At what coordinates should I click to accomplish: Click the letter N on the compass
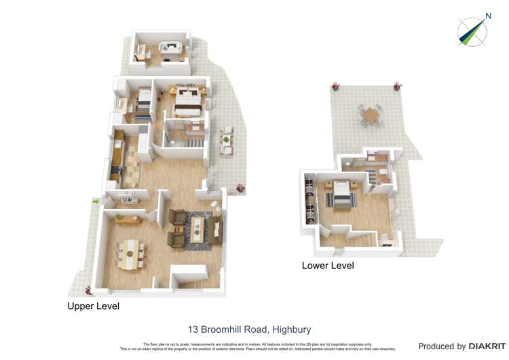tap(487, 16)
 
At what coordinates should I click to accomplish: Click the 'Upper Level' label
tap(93, 306)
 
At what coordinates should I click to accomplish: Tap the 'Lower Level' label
tap(328, 266)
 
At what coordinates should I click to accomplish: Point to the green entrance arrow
tap(96, 201)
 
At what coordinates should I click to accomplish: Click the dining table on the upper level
tap(130, 253)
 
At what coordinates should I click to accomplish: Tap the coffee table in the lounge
tap(196, 226)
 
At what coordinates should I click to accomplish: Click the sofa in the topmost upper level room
tap(168, 48)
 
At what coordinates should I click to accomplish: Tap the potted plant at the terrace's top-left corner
tap(335, 86)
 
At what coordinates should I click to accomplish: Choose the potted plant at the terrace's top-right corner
tap(397, 86)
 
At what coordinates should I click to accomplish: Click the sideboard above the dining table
tap(126, 218)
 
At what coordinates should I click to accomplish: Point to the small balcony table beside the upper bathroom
tap(225, 139)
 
